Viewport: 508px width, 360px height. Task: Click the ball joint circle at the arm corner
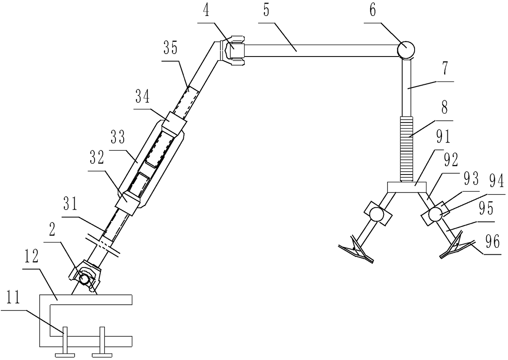point(406,50)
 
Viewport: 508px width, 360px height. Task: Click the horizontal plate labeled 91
point(407,188)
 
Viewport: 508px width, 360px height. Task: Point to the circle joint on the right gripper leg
point(435,214)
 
